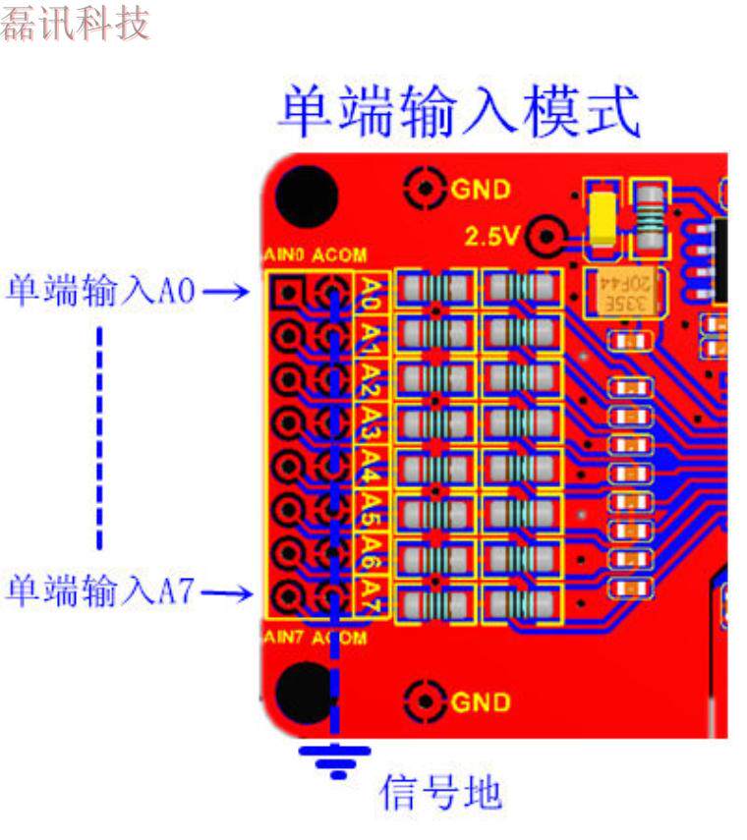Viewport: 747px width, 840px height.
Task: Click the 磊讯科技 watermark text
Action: coord(75,24)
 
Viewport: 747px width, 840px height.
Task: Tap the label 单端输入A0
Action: coord(102,291)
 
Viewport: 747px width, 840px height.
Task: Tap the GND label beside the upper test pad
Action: coord(481,188)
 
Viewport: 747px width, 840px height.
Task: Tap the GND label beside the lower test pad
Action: coord(481,701)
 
